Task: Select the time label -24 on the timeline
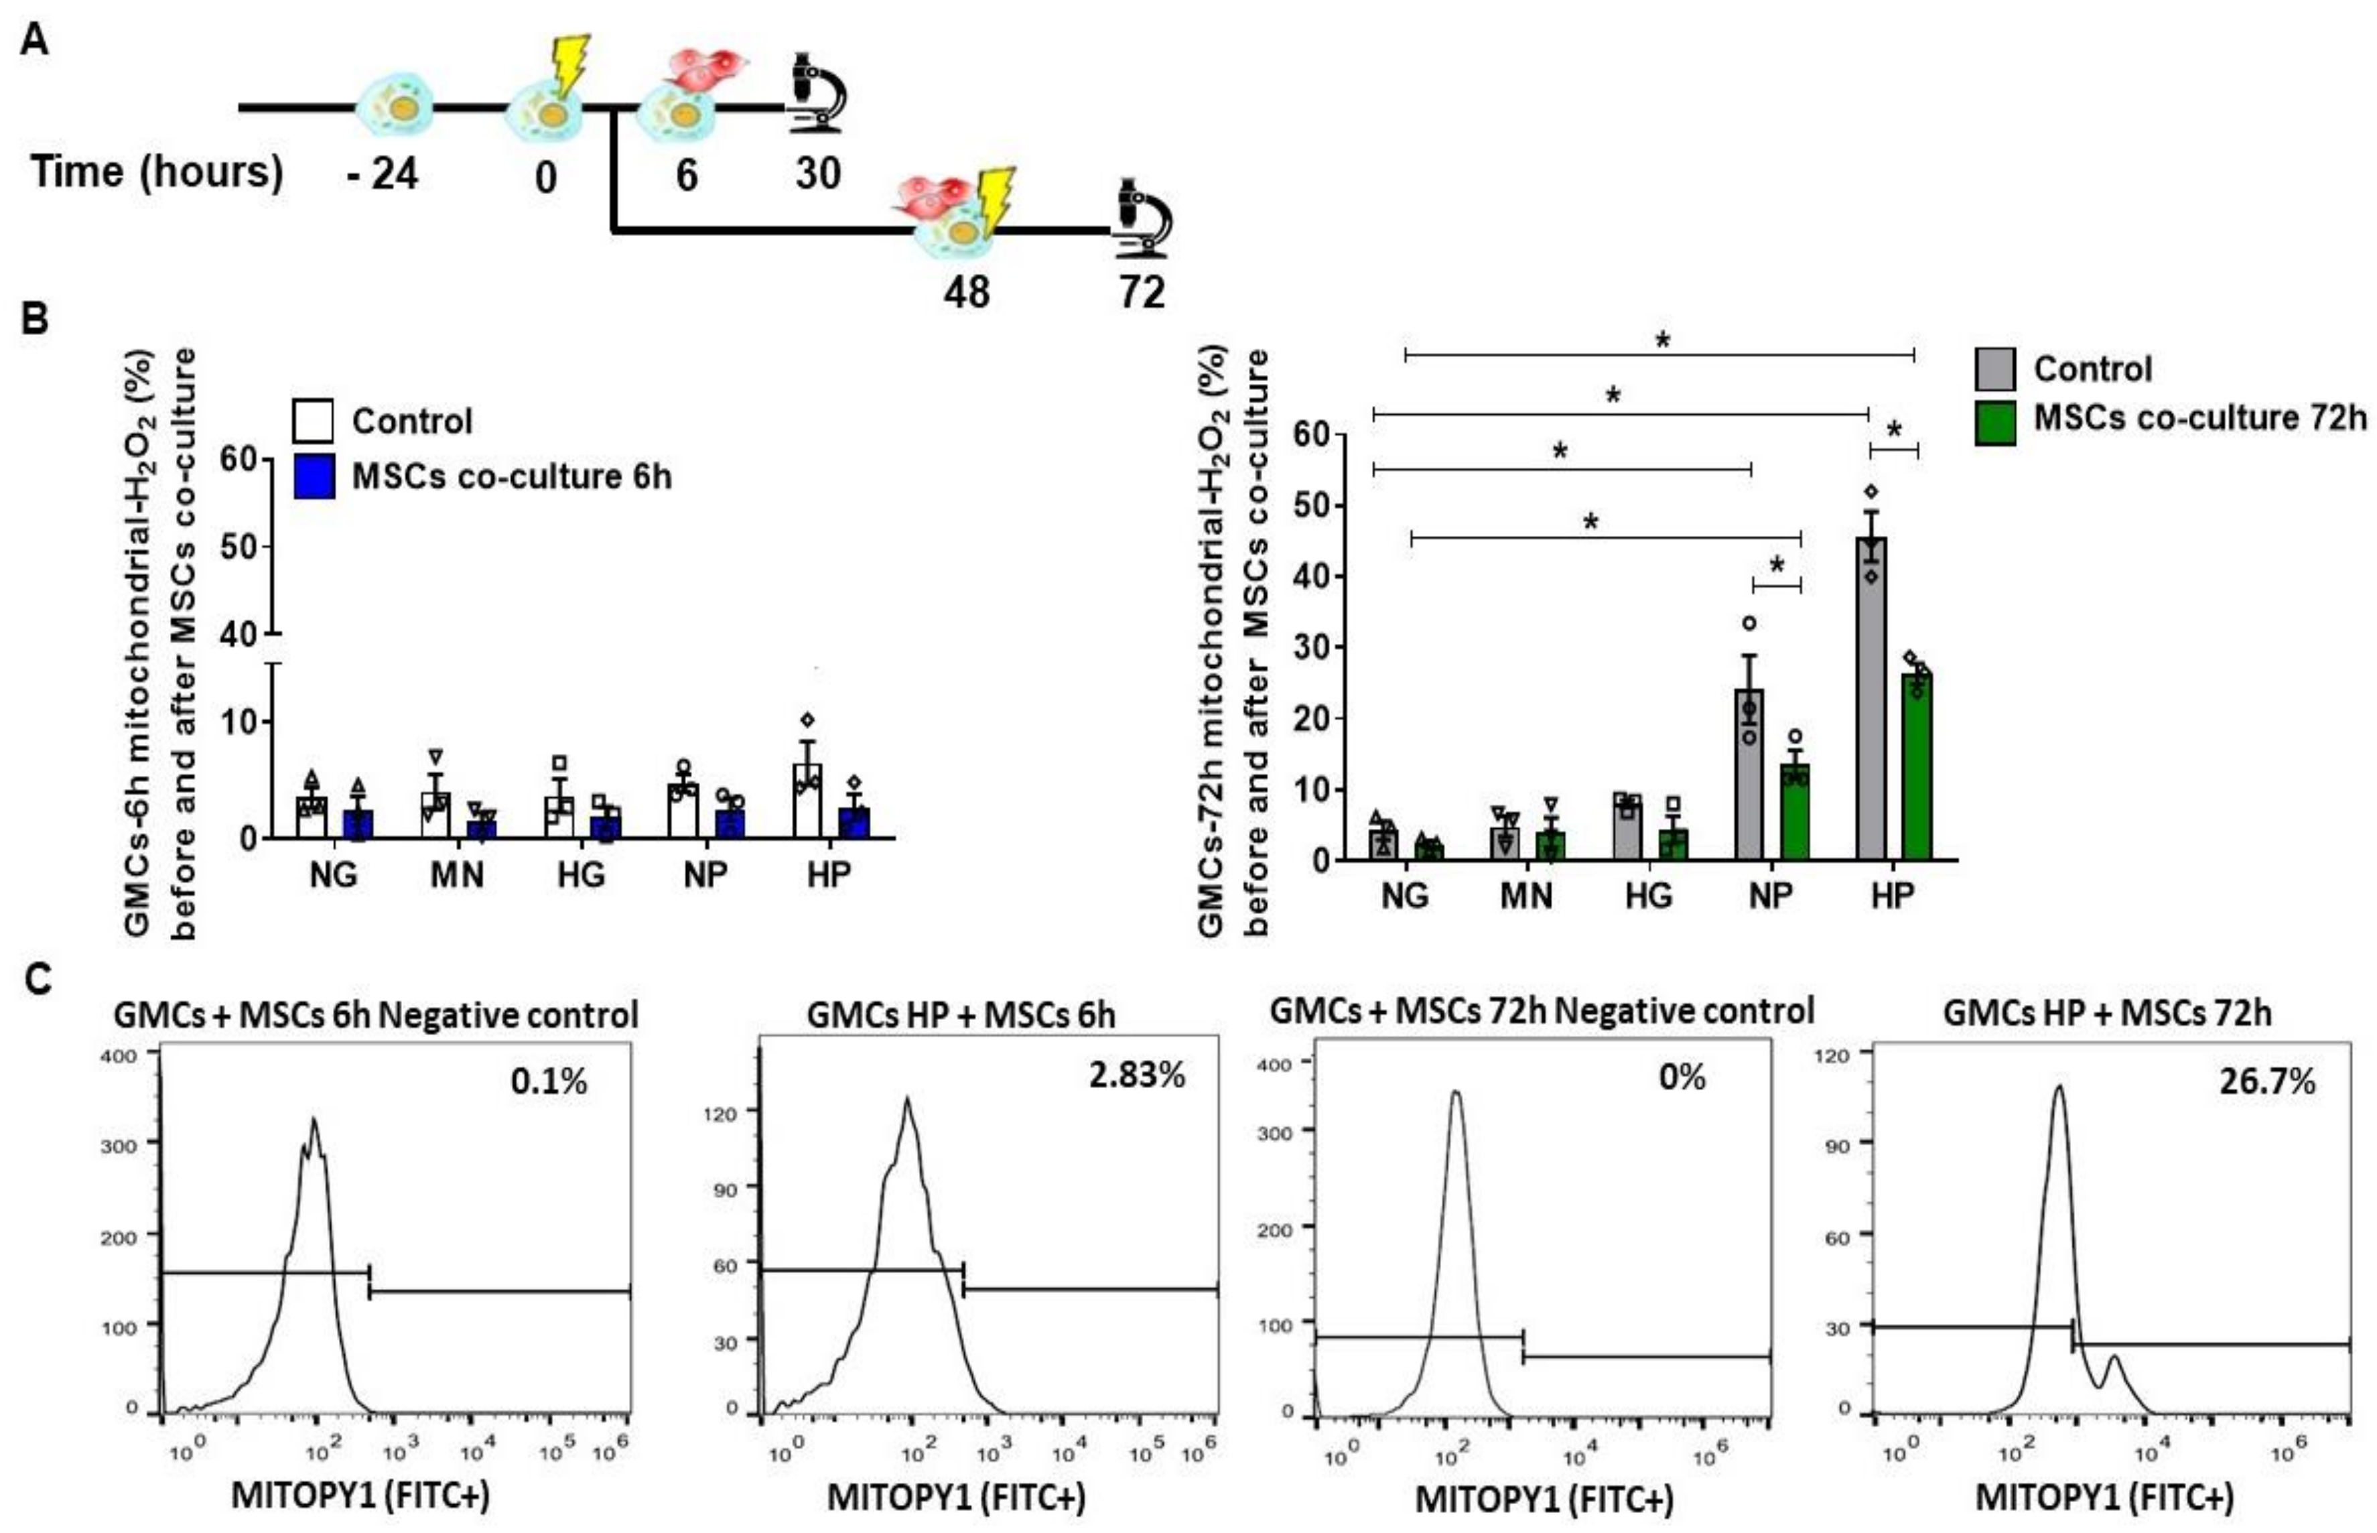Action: point(383,175)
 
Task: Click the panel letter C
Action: point(38,980)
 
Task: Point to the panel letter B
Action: point(35,320)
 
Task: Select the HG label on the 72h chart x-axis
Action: point(1648,896)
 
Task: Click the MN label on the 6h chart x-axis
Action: point(457,875)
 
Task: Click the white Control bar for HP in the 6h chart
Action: point(807,802)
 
